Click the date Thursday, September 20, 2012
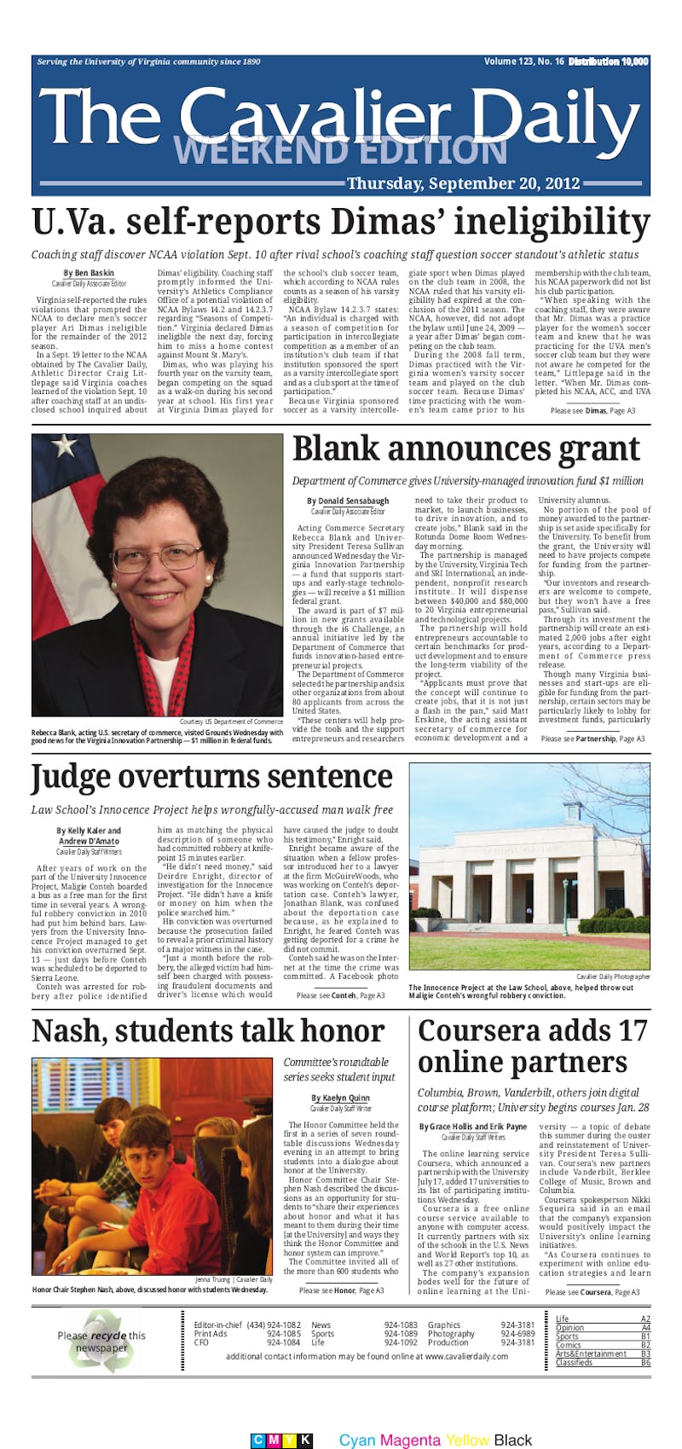point(463,183)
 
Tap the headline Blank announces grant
point(465,449)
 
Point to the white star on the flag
point(63,445)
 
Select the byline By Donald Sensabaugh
point(348,501)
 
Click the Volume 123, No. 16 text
point(523,61)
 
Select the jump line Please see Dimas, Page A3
point(592,411)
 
